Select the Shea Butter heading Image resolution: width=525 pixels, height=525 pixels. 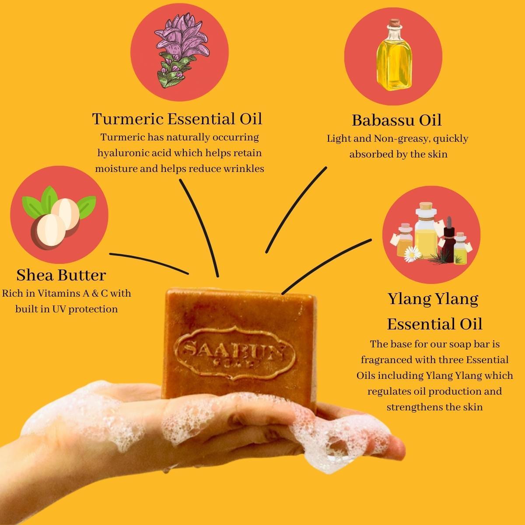pyautogui.click(x=61, y=275)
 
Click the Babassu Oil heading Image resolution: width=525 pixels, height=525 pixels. pyautogui.click(x=396, y=120)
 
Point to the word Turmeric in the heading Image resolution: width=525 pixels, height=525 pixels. pyautogui.click(x=127, y=119)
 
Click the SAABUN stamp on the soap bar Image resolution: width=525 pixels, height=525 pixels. pyautogui.click(x=234, y=354)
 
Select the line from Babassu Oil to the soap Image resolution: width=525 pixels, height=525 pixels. pyautogui.click(x=292, y=209)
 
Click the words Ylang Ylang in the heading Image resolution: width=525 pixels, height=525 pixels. pyautogui.click(x=433, y=300)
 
